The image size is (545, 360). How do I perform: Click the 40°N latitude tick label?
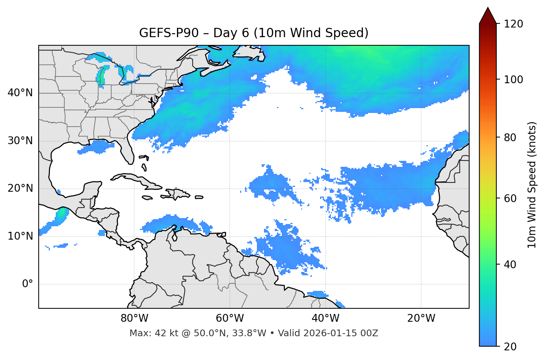click(x=20, y=93)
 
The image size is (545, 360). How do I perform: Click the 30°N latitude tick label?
click(x=20, y=141)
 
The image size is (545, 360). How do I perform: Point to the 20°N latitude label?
click(x=20, y=188)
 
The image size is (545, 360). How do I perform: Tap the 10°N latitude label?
click(x=20, y=236)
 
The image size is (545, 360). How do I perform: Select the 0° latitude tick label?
click(x=28, y=284)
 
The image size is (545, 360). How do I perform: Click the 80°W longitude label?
click(x=134, y=318)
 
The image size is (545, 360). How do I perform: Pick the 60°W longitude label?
click(x=230, y=318)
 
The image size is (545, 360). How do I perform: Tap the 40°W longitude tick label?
click(x=326, y=318)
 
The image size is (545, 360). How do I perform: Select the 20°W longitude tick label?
click(x=421, y=318)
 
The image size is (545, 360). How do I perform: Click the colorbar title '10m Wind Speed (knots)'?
click(x=532, y=185)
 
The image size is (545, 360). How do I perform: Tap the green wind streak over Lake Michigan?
click(x=101, y=76)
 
